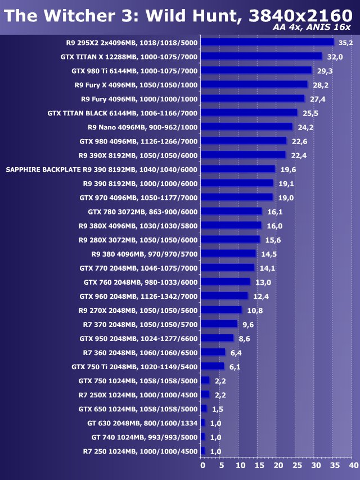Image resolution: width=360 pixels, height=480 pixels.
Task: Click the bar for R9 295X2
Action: coord(267,42)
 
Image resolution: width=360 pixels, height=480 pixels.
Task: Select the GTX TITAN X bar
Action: coord(261,56)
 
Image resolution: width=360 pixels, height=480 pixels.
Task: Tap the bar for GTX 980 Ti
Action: coord(256,70)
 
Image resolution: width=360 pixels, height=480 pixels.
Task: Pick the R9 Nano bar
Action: coord(246,127)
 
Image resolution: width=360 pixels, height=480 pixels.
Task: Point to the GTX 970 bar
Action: coord(236,197)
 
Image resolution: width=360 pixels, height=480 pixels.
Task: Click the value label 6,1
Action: coord(235,366)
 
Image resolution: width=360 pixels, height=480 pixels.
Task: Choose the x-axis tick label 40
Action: coord(353,466)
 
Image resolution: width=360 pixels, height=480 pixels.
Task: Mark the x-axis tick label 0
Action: coord(202,466)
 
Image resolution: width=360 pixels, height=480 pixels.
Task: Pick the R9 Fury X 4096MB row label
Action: coord(136,84)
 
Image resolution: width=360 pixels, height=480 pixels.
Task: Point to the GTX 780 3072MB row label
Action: coord(143,212)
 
